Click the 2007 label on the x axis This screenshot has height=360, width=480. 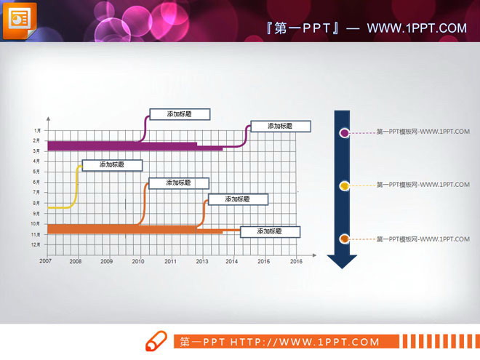45,260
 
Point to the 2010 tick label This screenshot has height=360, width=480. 138,260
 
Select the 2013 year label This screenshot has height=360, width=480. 201,260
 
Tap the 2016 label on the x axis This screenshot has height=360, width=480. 295,260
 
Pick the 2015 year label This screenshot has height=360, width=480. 263,260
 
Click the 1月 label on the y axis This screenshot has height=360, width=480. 36,130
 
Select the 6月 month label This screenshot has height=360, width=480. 36,182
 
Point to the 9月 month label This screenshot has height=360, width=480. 36,214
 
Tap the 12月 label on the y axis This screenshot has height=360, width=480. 36,245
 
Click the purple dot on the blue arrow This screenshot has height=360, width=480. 344,132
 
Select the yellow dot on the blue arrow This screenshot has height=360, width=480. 344,186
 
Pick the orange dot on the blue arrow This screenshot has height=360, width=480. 344,239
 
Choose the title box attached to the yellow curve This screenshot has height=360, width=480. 111,165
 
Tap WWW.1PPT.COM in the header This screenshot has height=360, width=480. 416,28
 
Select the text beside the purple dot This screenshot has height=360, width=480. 423,132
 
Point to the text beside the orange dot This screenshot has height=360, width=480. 423,239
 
